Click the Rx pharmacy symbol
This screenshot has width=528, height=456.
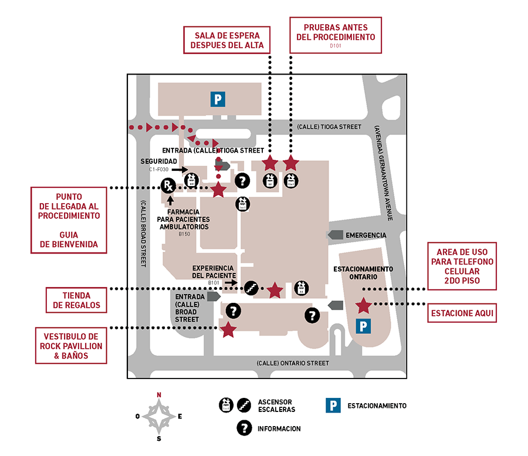(168, 187)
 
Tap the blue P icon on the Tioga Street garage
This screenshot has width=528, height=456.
(218, 99)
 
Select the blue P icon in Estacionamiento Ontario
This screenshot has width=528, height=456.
(364, 326)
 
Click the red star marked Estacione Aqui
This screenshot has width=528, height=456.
(364, 305)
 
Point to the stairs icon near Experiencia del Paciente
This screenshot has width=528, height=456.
(251, 287)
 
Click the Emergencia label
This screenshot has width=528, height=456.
(365, 235)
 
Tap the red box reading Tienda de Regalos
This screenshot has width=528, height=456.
(77, 300)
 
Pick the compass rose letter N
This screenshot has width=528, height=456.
(158, 395)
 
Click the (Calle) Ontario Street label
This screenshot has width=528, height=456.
(293, 363)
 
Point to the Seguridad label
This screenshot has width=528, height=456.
(158, 161)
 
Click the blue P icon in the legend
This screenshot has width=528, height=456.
(333, 406)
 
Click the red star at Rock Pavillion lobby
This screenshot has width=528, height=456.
(228, 330)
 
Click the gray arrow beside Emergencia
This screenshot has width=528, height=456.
(335, 235)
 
